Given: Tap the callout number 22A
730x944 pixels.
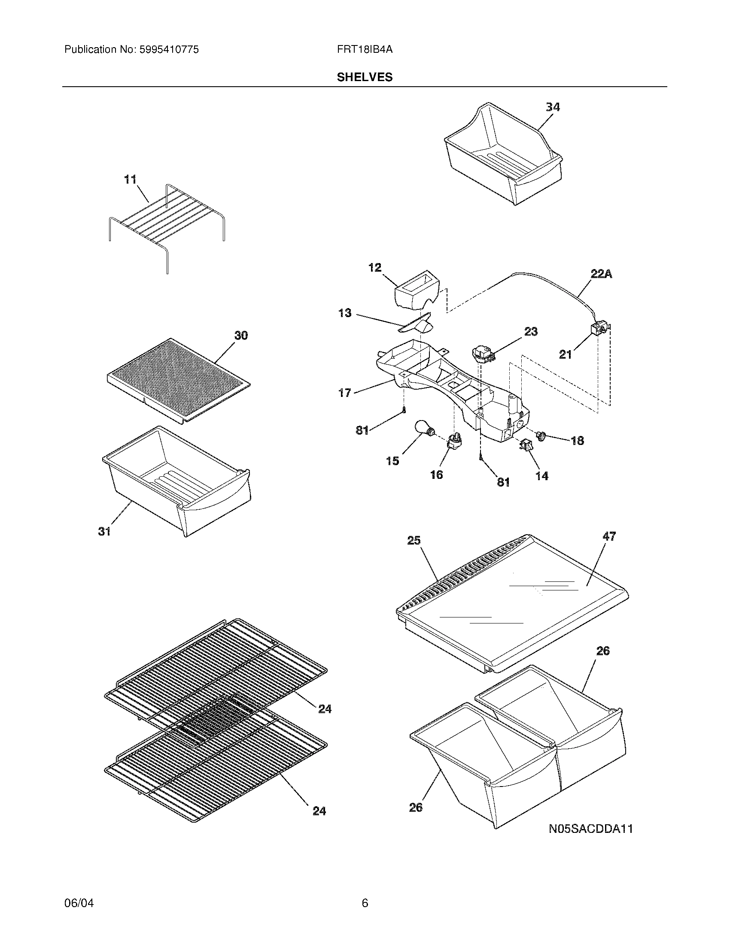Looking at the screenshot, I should point(601,274).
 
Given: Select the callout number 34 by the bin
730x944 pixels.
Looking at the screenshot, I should point(553,107).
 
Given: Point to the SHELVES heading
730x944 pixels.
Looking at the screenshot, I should point(365,77).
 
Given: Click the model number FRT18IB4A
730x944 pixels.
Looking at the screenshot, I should point(365,50).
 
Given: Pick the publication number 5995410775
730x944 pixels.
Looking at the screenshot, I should point(168,50).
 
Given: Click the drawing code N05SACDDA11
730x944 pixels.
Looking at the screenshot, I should point(591,829).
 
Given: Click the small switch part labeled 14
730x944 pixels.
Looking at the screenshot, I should point(526,445).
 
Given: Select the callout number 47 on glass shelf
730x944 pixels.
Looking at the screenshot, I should point(609,536).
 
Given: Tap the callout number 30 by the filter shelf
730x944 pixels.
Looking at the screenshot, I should point(241,336).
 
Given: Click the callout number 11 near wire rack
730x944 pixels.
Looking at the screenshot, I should point(130,179).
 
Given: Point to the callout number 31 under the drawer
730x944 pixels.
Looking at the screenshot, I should point(104,531).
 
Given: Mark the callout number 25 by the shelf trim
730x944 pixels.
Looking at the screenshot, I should point(414,541).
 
